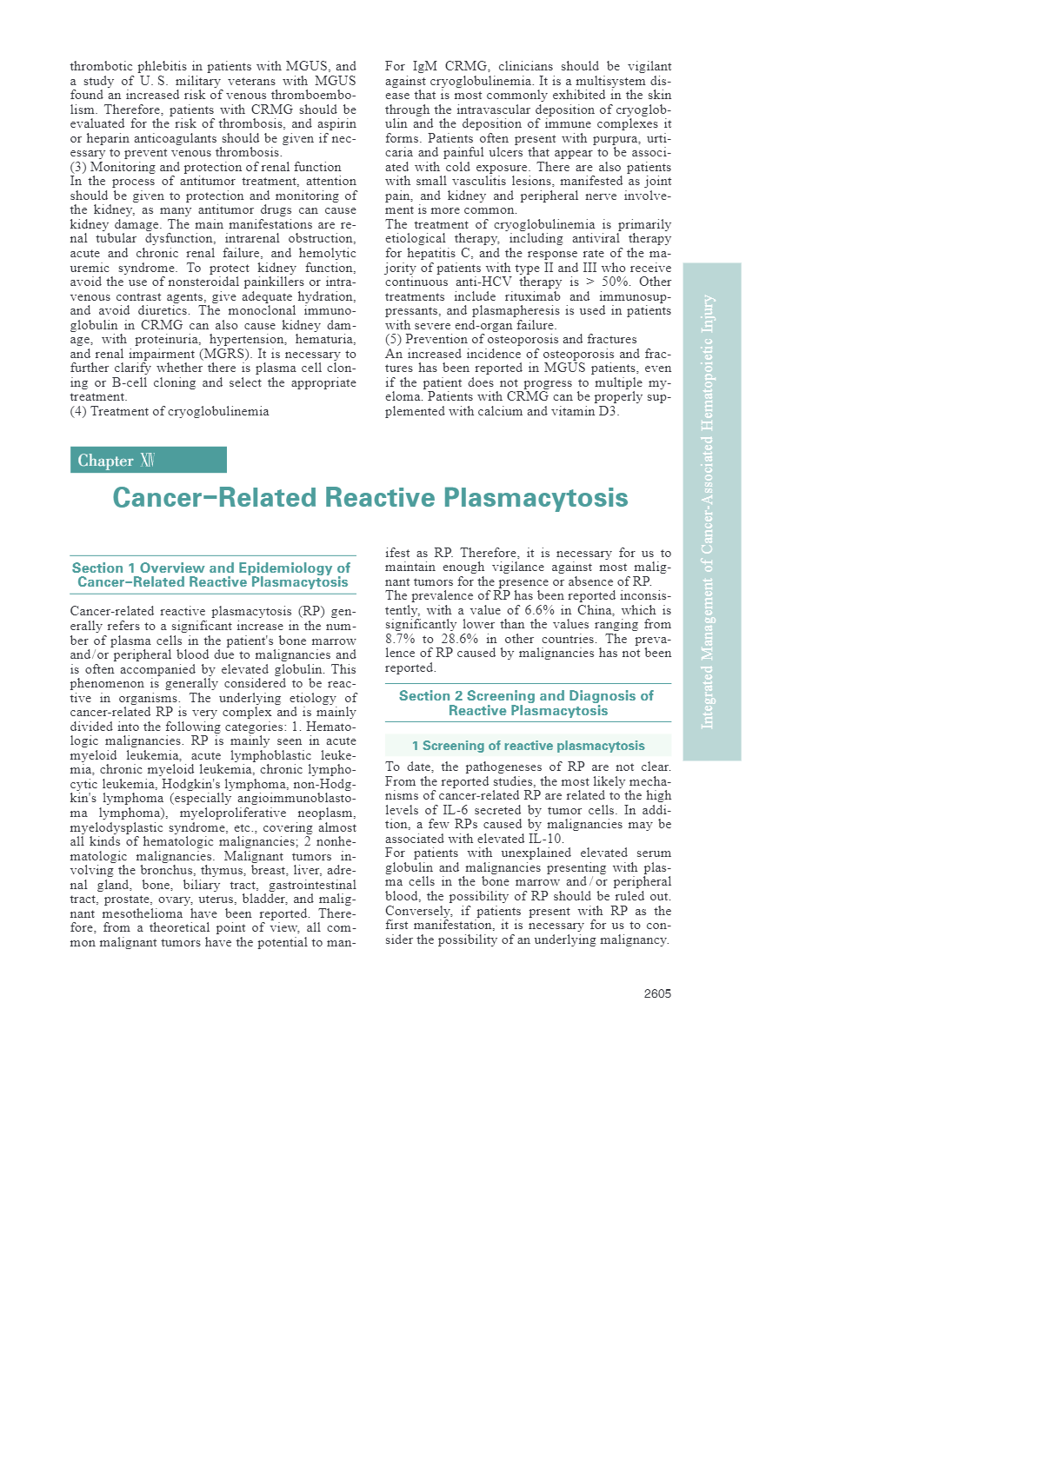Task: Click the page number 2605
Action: [x=657, y=993]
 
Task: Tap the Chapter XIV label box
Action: [x=148, y=460]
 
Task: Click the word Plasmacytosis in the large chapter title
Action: [x=536, y=497]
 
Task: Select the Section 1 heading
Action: [x=212, y=574]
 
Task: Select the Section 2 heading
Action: [x=527, y=703]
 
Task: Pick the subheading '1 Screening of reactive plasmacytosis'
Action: [x=528, y=746]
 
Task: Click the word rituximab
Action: [x=532, y=296]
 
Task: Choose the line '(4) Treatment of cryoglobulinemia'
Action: [x=170, y=411]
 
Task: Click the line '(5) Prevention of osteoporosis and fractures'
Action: [x=510, y=339]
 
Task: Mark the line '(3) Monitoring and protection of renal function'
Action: [x=205, y=167]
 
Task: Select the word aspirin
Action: [x=336, y=123]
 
